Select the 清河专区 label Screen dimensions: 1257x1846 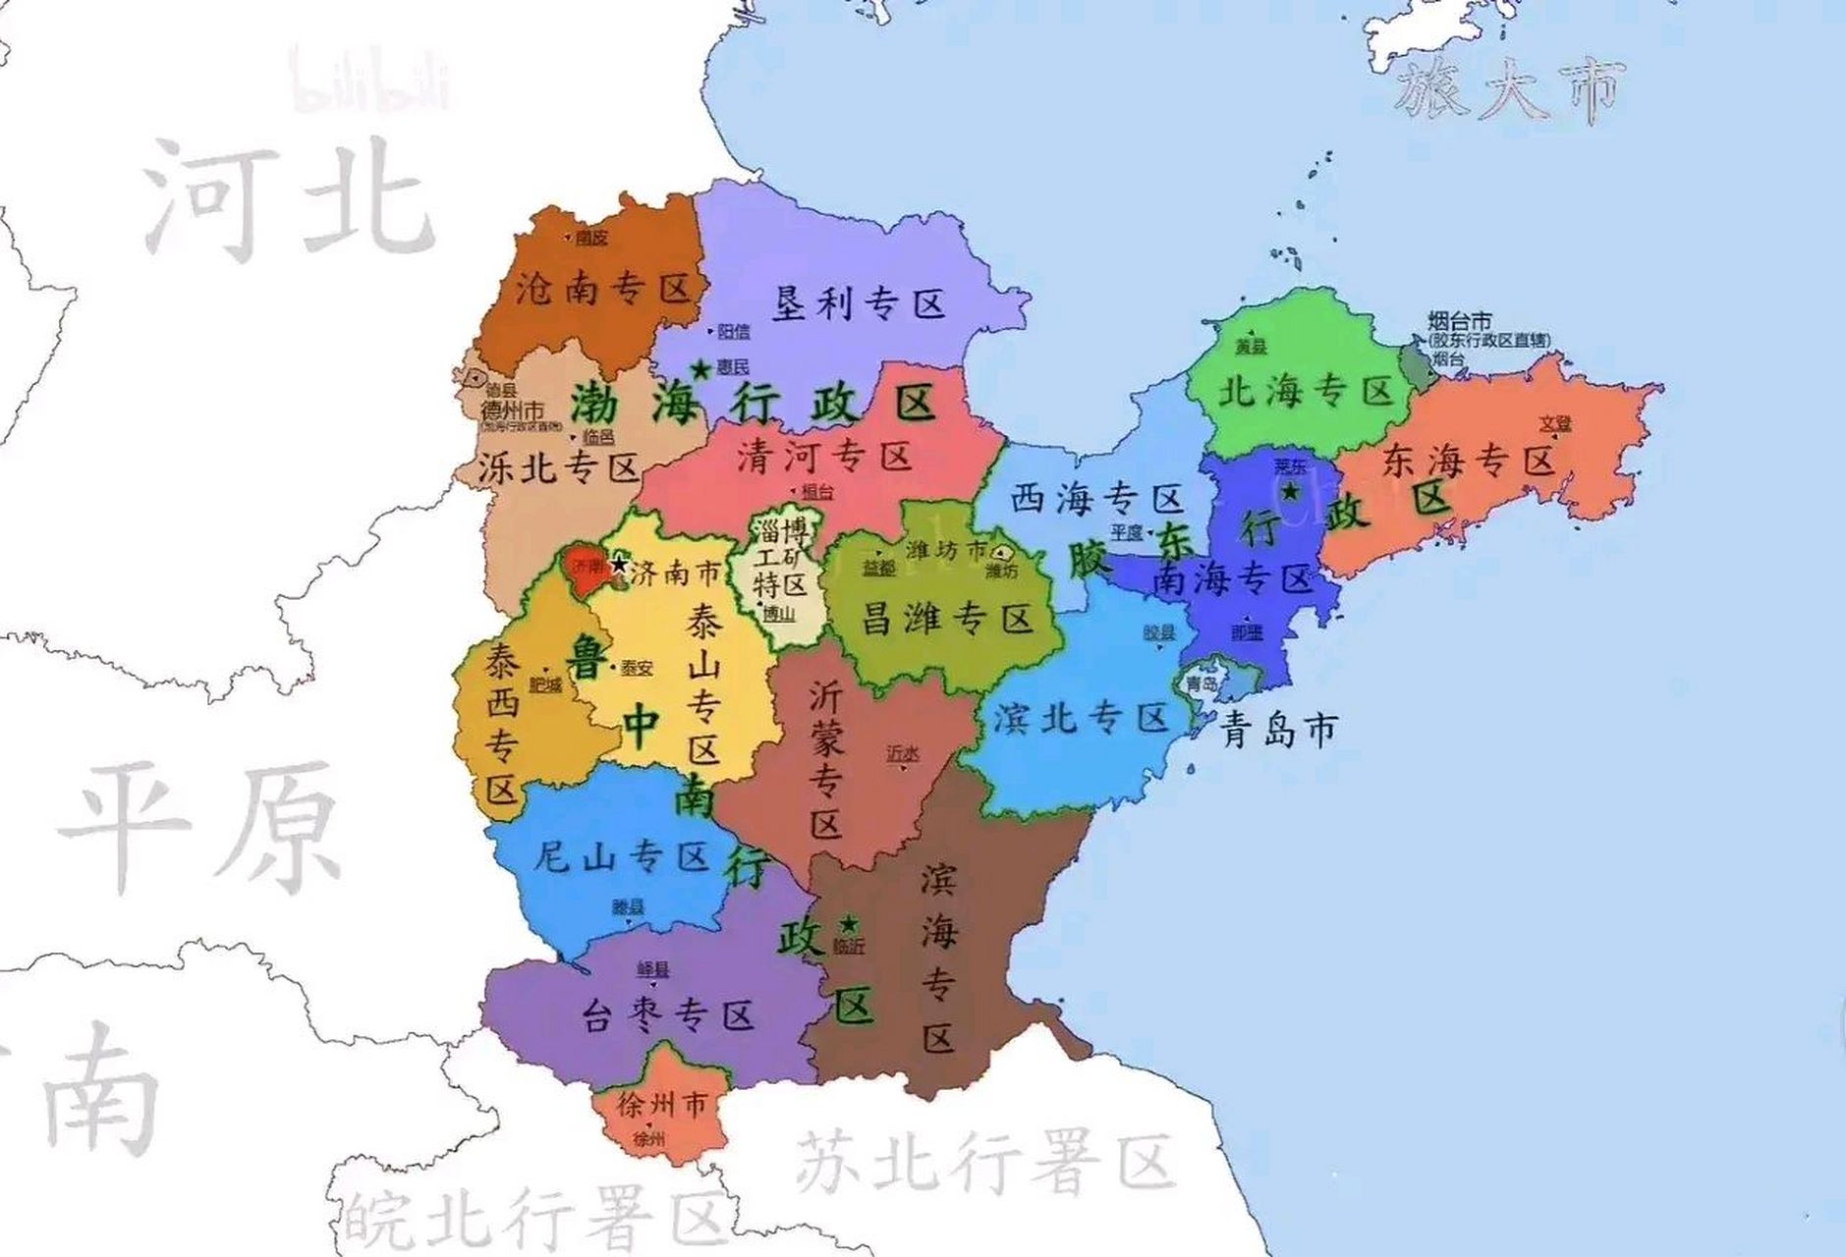point(824,456)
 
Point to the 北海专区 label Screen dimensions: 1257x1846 point(1306,392)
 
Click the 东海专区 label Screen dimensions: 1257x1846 point(1468,460)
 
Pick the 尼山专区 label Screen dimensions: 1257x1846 point(621,857)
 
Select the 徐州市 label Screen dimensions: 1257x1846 point(661,1105)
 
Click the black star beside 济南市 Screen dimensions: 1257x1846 point(619,565)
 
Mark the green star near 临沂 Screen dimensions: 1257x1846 point(848,924)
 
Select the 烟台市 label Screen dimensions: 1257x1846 point(1459,320)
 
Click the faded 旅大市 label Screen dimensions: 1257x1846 point(1508,90)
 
